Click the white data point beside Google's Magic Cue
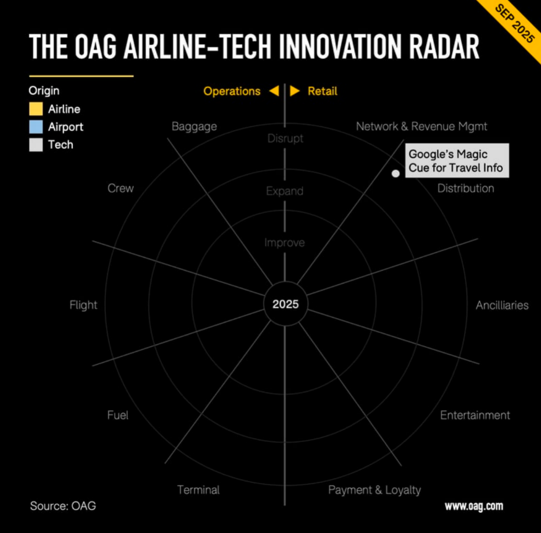click(395, 173)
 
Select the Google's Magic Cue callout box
click(457, 161)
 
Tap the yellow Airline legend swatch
click(36, 109)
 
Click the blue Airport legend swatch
click(36, 127)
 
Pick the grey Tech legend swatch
click(36, 145)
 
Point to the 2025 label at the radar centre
click(285, 304)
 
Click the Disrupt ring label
click(285, 139)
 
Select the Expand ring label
click(284, 191)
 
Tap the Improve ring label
click(284, 242)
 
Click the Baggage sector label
click(194, 126)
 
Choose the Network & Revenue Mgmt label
click(422, 126)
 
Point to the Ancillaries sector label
click(502, 305)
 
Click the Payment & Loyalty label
click(374, 490)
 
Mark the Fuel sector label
click(118, 415)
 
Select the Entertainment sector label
click(475, 415)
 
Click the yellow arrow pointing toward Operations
click(274, 91)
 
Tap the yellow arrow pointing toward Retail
click(295, 91)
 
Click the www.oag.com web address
click(474, 506)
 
